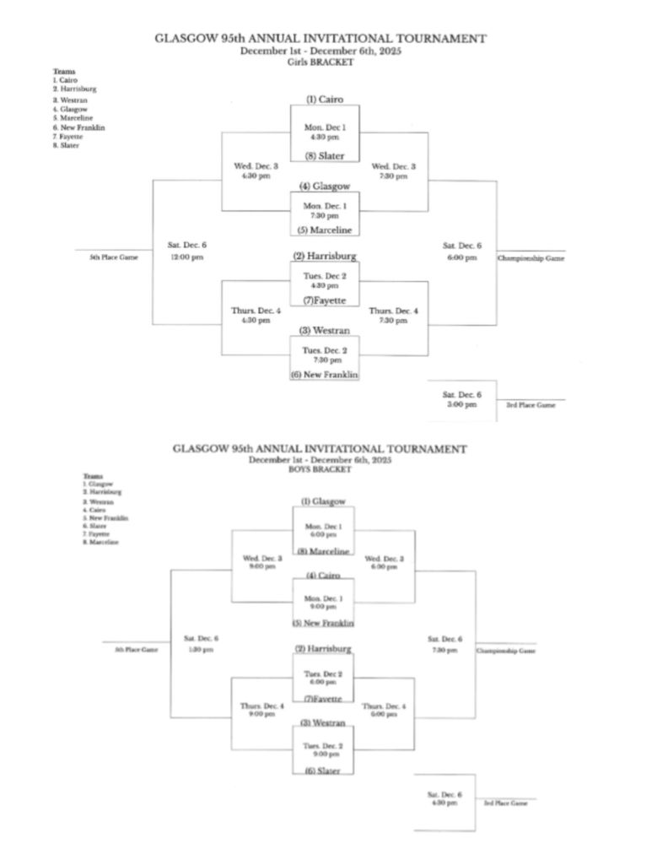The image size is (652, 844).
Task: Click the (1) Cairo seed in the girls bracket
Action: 325,100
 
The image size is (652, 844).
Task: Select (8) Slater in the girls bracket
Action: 325,156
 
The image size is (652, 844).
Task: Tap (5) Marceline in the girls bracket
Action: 325,230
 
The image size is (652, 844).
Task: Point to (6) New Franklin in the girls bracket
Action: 325,374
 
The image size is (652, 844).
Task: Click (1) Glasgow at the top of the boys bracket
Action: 323,501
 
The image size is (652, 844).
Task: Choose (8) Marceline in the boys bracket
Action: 323,551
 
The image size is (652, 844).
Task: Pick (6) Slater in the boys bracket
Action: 323,771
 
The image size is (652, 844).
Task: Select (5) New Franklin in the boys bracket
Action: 323,623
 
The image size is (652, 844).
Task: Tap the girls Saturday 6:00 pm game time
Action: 461,257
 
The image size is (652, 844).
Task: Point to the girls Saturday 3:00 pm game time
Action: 461,405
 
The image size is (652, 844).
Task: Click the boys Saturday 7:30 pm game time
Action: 445,650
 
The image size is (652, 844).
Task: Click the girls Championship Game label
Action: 531,258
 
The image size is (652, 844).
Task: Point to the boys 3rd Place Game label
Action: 506,803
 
